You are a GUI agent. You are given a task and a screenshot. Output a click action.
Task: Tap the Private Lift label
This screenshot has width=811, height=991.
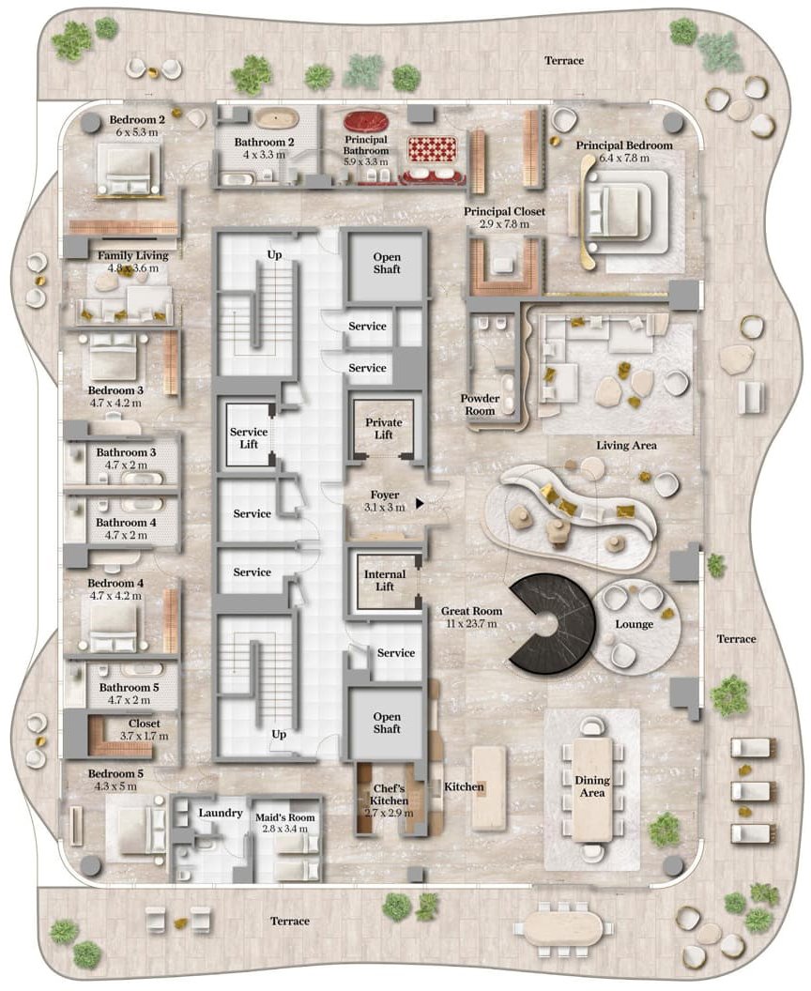[x=384, y=429]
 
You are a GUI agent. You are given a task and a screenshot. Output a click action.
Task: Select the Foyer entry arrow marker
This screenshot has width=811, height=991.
[x=419, y=504]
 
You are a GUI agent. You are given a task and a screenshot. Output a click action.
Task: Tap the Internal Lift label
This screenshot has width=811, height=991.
[x=385, y=580]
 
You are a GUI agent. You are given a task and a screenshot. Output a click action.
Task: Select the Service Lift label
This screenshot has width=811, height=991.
[x=249, y=438]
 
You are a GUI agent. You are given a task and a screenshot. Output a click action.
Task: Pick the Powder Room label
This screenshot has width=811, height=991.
[x=480, y=404]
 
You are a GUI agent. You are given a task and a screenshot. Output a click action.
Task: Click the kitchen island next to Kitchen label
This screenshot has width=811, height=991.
[x=489, y=787]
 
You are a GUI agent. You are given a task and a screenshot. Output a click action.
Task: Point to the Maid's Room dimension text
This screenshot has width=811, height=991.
[x=285, y=829]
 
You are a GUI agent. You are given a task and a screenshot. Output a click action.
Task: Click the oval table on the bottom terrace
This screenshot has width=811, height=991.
[x=562, y=928]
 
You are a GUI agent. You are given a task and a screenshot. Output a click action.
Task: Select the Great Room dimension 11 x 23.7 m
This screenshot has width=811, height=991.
[x=471, y=624]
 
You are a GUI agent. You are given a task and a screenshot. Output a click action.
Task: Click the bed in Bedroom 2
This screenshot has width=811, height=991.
[x=130, y=169]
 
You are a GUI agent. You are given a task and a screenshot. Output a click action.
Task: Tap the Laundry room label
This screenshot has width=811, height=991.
[x=221, y=813]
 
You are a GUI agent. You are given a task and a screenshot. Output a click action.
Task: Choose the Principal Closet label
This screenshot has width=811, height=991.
[x=504, y=212]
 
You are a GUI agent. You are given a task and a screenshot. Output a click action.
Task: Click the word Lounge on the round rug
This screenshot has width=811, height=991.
[x=634, y=624]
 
